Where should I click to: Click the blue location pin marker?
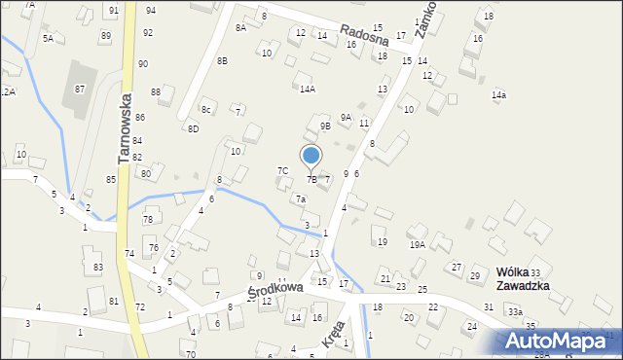point(311,157)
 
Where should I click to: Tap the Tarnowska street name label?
point(125,126)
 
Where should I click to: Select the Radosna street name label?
point(365,36)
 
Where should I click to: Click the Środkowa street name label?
point(275,290)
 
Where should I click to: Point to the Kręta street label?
point(332,338)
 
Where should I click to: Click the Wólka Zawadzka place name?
point(523,278)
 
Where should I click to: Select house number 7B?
point(311,179)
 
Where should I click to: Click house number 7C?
point(282,170)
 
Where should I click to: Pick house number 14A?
point(307,89)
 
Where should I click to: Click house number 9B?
point(326,125)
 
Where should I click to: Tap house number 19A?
point(417,245)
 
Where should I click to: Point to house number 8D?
point(193,128)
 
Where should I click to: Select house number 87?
point(80,89)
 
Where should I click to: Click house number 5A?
point(48,37)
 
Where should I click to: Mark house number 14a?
point(498,94)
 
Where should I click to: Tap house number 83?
point(98,267)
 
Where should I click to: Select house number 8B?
point(222,60)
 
